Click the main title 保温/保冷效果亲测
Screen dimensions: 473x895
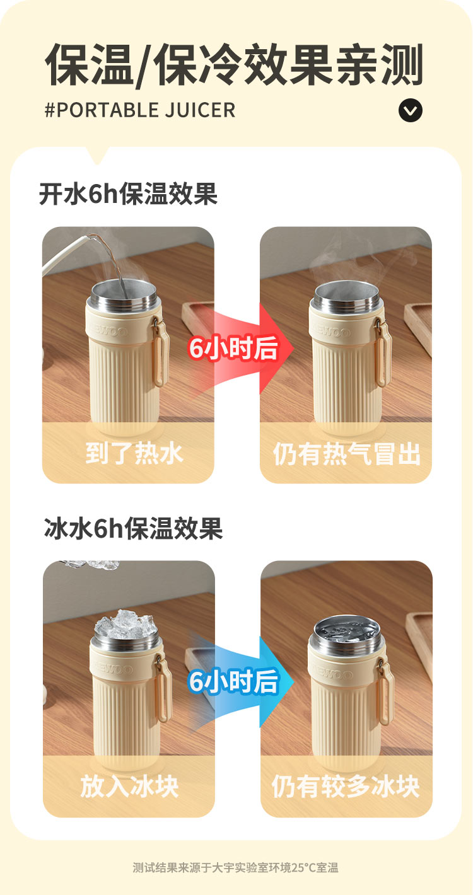point(235,65)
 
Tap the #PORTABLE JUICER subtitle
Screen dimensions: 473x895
point(140,110)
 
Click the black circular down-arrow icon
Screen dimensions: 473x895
point(410,110)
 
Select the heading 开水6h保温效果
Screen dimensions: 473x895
point(128,194)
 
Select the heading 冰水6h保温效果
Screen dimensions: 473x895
point(133,528)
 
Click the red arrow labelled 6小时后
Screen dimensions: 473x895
point(240,349)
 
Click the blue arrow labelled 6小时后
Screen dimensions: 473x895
point(240,681)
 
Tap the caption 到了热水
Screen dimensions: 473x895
point(134,453)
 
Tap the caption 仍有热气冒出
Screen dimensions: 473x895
point(346,454)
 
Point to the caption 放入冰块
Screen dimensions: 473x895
point(129,787)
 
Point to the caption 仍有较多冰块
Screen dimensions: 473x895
point(346,787)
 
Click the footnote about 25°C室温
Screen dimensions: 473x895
point(235,868)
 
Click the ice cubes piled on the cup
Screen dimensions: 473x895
point(126,625)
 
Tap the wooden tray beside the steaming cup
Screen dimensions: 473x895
point(419,328)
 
